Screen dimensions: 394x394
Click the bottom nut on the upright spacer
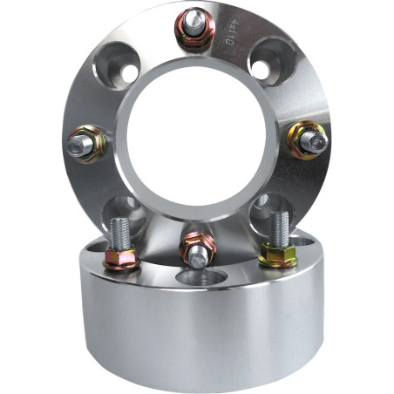198,248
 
